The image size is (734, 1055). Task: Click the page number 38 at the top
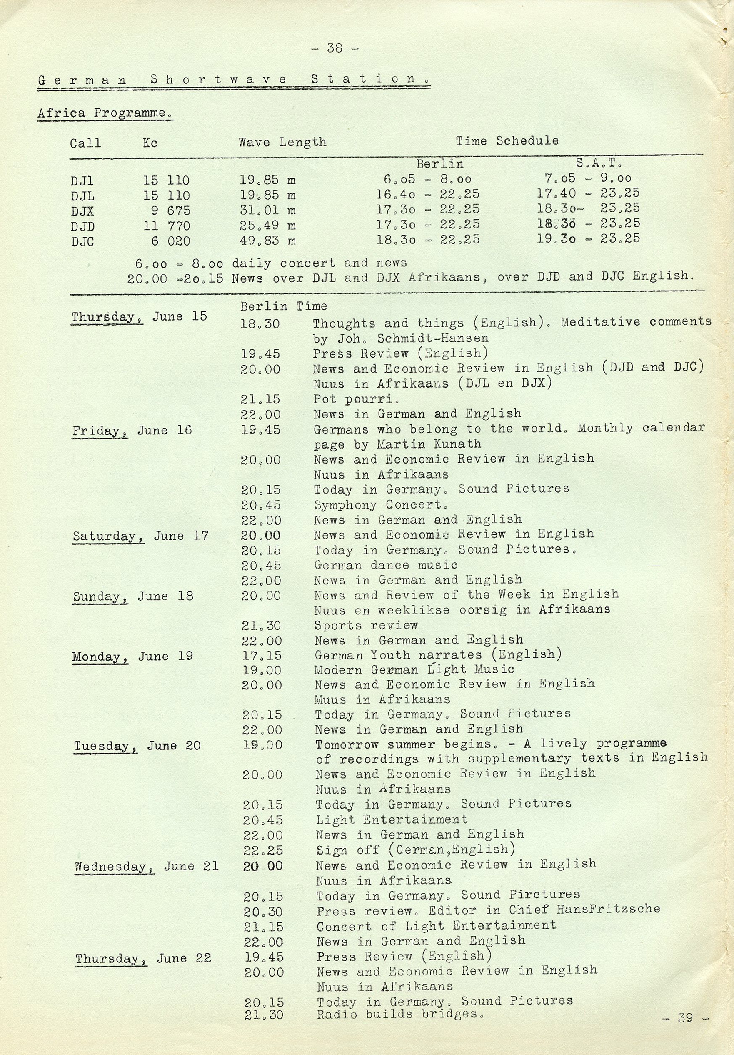point(335,48)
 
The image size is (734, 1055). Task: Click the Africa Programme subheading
point(105,113)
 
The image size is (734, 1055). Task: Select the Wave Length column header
point(282,142)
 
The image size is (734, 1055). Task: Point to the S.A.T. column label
point(599,163)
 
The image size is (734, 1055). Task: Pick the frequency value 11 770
point(166,226)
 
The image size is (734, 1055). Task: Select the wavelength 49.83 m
point(268,241)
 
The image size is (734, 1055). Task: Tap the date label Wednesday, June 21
point(147,866)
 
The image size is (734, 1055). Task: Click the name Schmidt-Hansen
point(433,338)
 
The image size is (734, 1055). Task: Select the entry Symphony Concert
point(381,504)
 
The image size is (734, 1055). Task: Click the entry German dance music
point(386,565)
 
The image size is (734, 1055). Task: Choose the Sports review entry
point(366,625)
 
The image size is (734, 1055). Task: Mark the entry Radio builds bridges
point(400,1014)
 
